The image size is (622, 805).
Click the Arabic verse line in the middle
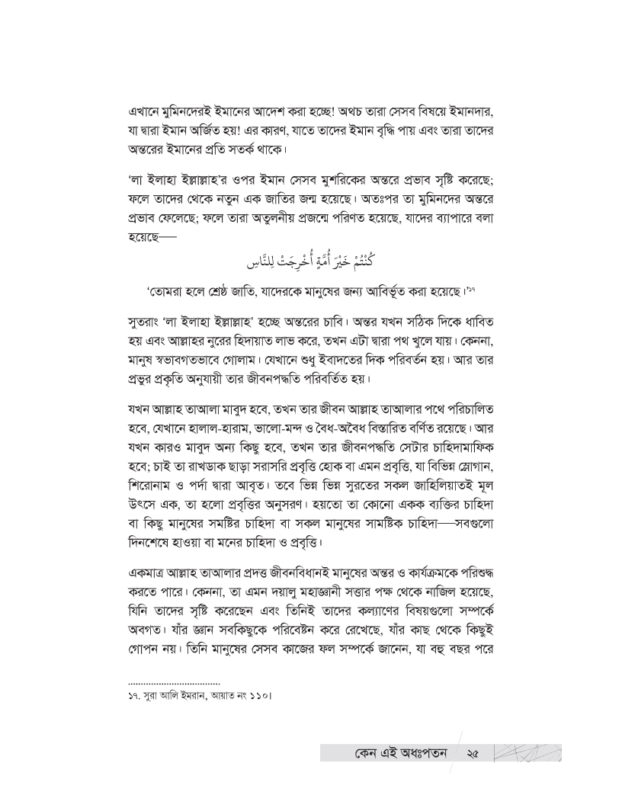tap(310, 264)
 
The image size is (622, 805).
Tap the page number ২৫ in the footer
tap(472, 754)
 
